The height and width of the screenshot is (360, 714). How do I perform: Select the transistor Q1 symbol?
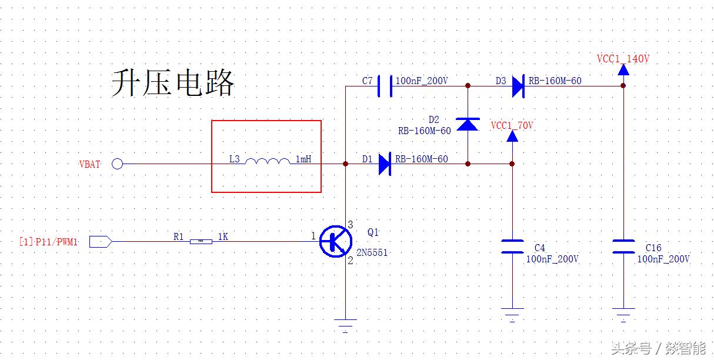(335, 241)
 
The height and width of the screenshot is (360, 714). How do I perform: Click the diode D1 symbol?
(385, 164)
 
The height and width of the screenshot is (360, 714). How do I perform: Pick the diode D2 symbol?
(468, 124)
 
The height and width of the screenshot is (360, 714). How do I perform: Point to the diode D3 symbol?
(518, 86)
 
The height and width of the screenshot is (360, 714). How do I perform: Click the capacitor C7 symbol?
(384, 86)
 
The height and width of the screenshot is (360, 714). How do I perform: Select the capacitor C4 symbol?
(512, 246)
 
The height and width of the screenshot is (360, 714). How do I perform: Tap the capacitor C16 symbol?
(623, 246)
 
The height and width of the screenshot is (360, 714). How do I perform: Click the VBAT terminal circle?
(118, 164)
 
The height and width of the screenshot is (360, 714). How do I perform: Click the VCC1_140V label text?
(623, 59)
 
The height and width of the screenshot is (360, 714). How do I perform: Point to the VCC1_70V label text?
(512, 125)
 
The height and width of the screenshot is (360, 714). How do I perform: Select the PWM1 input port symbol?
(100, 241)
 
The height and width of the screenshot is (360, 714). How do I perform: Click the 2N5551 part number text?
(372, 252)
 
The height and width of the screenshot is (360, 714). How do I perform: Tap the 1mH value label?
(303, 159)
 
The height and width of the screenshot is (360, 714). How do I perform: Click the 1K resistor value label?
(223, 236)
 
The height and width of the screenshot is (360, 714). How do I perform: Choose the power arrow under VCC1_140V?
(623, 70)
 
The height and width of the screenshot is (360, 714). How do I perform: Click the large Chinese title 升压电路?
(173, 83)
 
